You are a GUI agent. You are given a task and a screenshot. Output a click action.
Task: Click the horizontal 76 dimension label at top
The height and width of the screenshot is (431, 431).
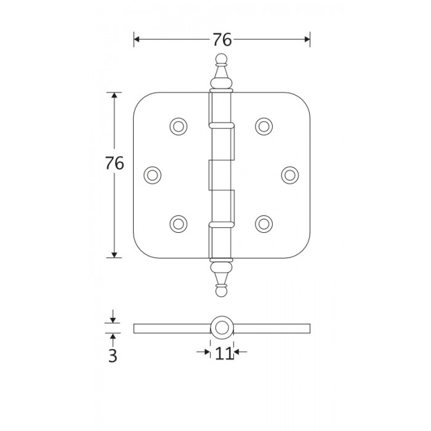coord(222,39)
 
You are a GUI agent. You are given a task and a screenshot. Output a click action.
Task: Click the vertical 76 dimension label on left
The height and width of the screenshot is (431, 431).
coord(115,163)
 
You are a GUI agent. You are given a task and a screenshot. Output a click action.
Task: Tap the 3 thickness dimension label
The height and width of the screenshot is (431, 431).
coord(113,356)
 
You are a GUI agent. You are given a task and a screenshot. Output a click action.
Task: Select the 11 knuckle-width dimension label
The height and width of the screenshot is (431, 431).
coord(224,353)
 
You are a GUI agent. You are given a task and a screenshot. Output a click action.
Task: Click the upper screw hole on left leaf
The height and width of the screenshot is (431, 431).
coord(179,126)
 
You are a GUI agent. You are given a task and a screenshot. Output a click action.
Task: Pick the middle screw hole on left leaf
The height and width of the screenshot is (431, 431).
coord(152,175)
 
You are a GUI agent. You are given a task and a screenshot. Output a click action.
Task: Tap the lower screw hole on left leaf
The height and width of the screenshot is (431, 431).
coord(179,224)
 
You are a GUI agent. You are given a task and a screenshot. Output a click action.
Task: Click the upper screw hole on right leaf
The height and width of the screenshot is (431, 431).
coord(264,126)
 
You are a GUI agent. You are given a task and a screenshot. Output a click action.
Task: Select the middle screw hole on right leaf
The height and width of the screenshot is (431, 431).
coord(290,175)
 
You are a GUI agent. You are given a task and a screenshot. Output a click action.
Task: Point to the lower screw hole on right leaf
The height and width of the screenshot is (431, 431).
coord(264,224)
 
